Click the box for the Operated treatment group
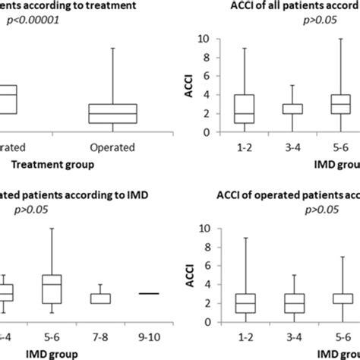112,113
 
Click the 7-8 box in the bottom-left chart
101,298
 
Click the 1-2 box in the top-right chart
245,109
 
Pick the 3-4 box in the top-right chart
293,109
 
